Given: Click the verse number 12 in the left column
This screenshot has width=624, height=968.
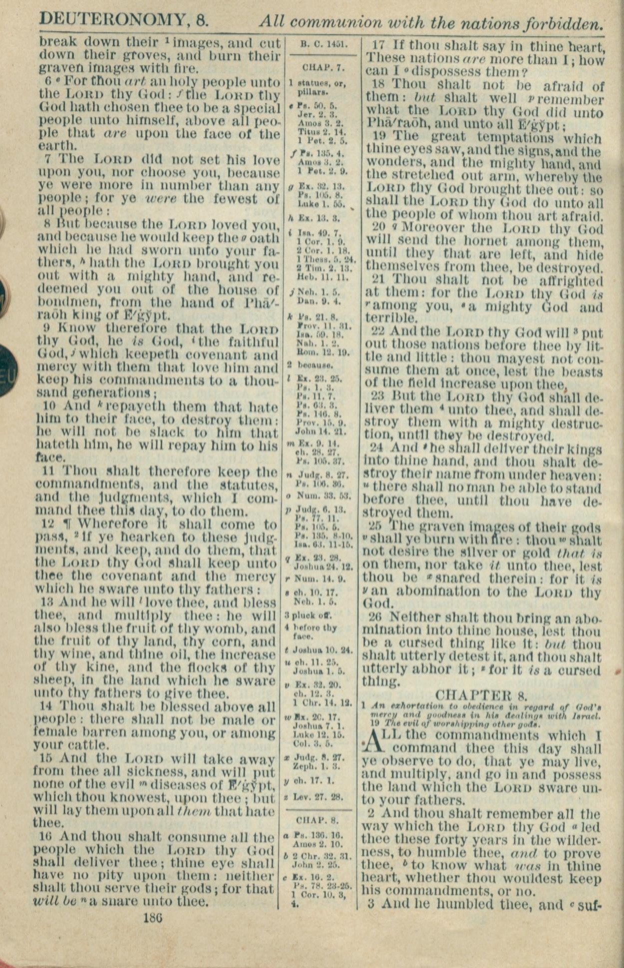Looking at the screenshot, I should [x=47, y=524].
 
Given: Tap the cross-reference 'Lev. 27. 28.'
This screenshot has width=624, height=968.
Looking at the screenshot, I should [x=320, y=797].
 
